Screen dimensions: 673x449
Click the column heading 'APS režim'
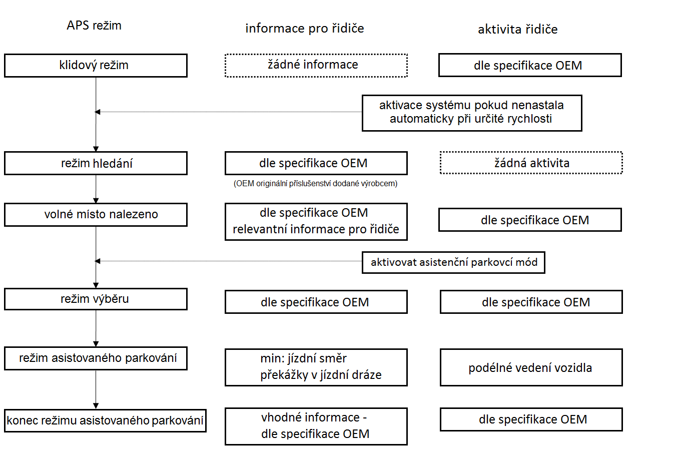pos(94,26)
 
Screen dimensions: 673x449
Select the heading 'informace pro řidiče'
pos(305,29)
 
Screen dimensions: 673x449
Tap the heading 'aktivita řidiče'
pos(518,30)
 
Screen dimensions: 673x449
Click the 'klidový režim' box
pos(96,66)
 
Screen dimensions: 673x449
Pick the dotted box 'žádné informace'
pos(316,66)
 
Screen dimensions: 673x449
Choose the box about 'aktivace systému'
pos(472,113)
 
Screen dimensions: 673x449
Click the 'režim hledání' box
pos(96,163)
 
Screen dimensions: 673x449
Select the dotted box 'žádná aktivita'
pos(531,163)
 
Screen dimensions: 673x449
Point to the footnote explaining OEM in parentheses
pos(315,184)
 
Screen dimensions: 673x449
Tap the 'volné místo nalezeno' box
pos(96,215)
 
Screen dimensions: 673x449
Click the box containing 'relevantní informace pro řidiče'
pos(316,222)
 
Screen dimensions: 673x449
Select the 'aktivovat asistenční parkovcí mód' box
pos(453,262)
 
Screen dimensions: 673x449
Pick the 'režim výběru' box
pos(96,299)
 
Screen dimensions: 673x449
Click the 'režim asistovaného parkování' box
pos(96,358)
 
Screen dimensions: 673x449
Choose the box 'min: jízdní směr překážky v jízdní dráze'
pos(316,367)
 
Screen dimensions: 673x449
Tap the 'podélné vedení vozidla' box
pos(531,367)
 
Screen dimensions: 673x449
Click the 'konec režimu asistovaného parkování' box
pos(105,420)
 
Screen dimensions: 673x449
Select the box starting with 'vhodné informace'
pos(316,426)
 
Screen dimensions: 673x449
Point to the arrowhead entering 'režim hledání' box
pos(96,149)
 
